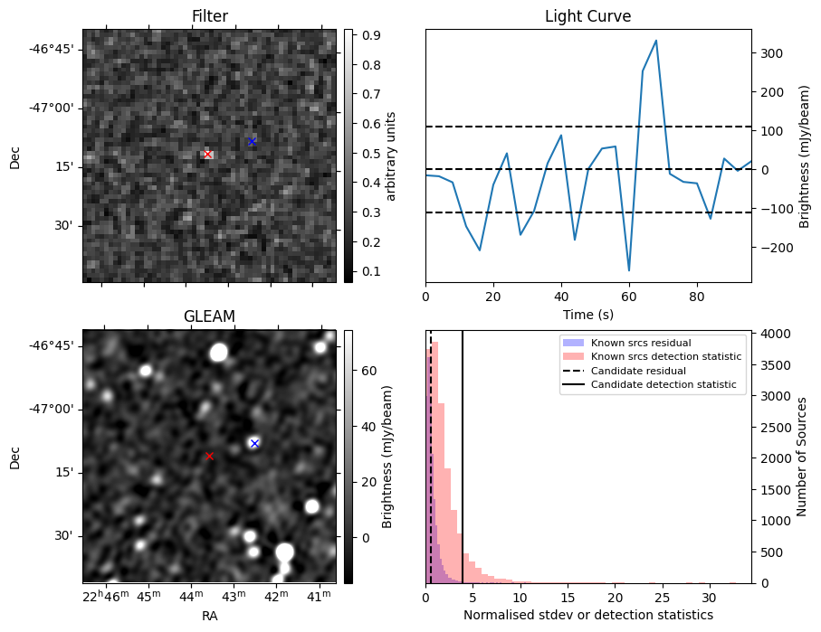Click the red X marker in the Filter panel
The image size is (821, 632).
tap(208, 155)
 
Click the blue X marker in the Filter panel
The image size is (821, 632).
tap(252, 142)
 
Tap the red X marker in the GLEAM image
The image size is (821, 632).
tap(209, 457)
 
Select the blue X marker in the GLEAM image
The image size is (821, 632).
tap(254, 444)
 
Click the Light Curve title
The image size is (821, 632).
tap(588, 16)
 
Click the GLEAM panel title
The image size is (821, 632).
tap(209, 316)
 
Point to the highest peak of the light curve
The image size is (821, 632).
tap(655, 41)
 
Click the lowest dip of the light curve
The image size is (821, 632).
tap(629, 270)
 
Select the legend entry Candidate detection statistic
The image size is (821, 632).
tap(663, 384)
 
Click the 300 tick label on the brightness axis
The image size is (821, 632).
tap(772, 53)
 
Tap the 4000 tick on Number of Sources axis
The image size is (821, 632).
tap(773, 334)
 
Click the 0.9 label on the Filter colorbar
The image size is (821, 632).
tap(371, 35)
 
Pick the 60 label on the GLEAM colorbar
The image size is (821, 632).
tap(369, 371)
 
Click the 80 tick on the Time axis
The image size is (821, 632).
tap(697, 297)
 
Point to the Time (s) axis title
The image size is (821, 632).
tap(588, 315)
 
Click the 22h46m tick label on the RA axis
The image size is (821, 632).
tap(105, 597)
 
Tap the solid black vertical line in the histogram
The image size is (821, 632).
tap(463, 457)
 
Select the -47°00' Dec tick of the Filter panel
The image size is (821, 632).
tap(55, 108)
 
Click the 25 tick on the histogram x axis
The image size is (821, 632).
tap(663, 598)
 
